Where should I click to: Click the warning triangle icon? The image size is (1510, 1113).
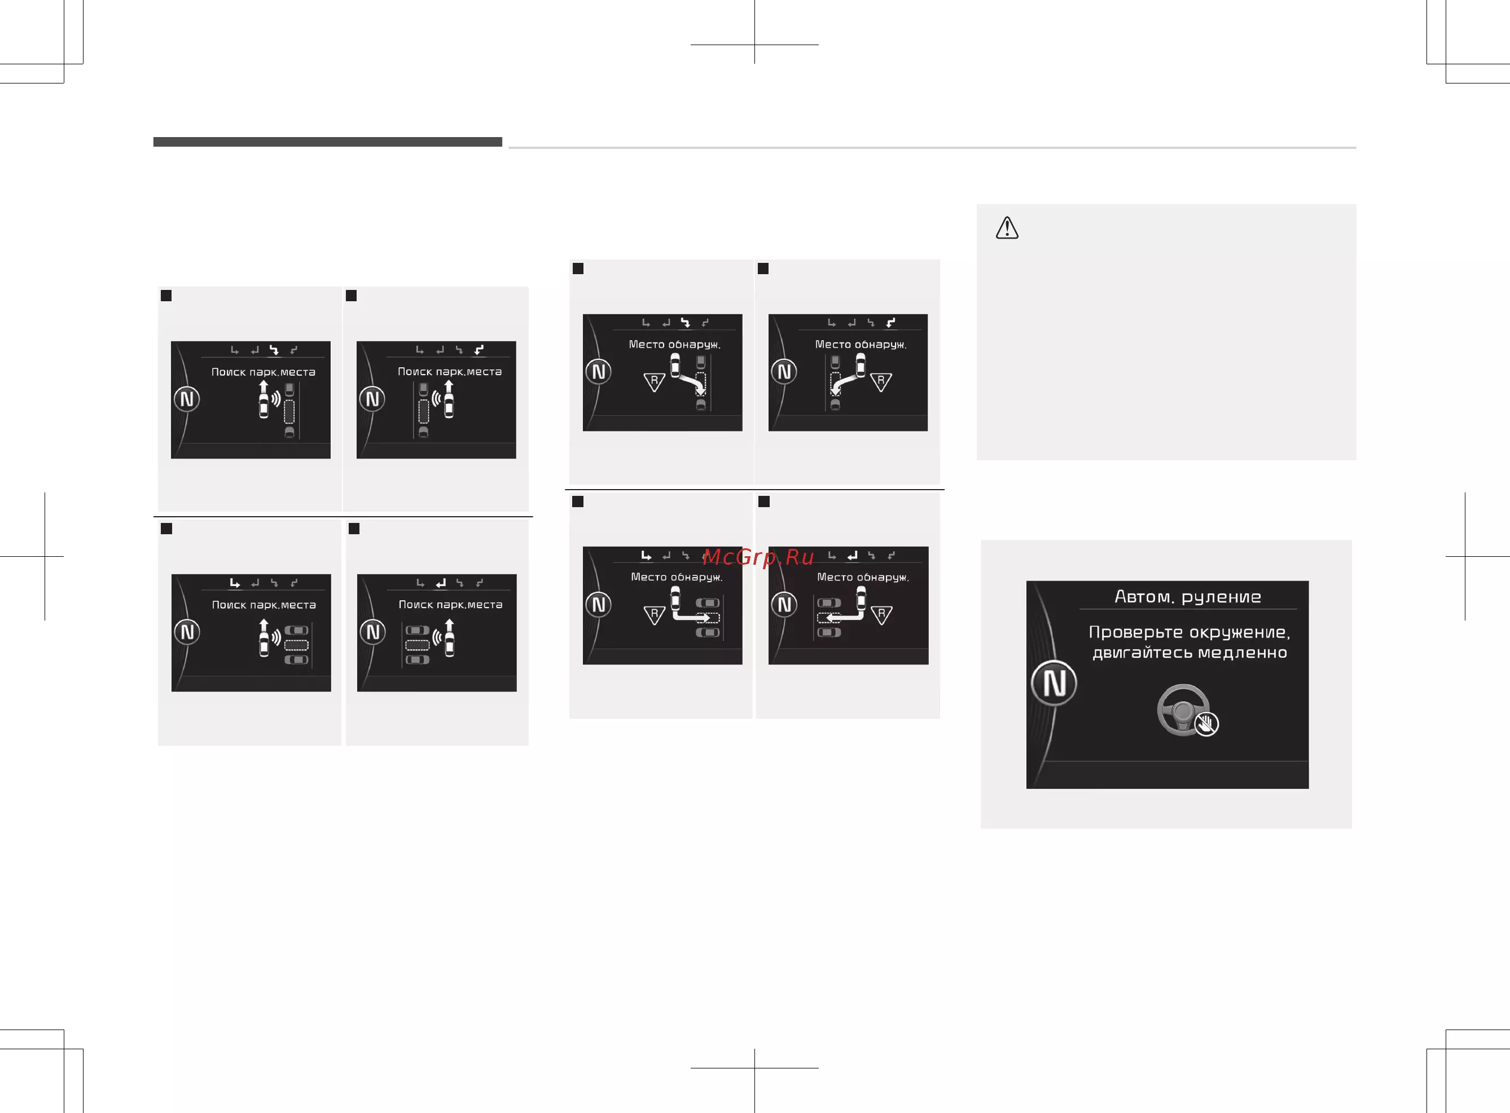1007,228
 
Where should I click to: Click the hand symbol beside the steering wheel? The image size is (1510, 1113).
1206,724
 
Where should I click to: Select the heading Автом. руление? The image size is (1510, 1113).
1188,597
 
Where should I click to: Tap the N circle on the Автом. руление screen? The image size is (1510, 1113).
1054,683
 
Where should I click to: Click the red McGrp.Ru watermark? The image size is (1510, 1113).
758,557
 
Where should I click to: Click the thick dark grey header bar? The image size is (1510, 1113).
327,142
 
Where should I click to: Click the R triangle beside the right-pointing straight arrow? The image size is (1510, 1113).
654,614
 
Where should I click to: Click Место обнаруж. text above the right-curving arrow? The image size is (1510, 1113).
674,344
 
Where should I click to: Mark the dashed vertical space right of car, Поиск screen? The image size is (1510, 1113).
289,412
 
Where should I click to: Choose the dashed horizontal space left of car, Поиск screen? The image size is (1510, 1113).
417,645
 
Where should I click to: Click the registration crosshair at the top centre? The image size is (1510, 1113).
754,45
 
